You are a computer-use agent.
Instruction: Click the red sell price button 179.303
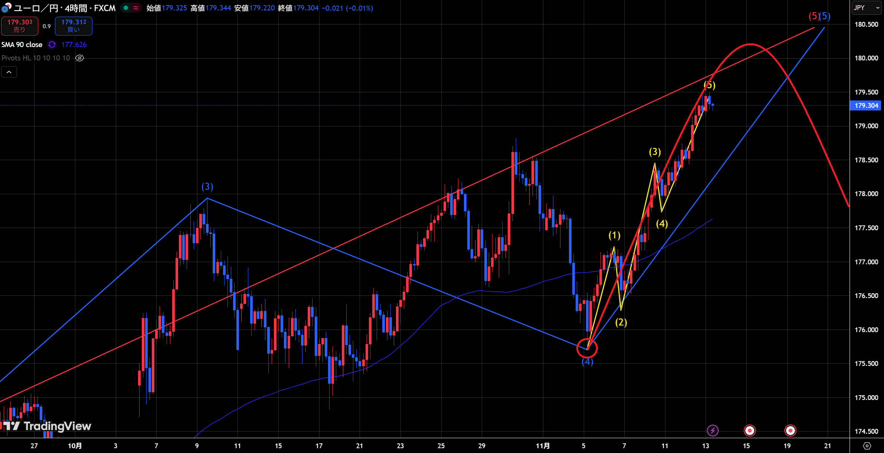(x=20, y=26)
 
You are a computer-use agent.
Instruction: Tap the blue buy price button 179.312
(x=73, y=26)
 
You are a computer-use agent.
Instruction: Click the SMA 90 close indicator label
(x=22, y=44)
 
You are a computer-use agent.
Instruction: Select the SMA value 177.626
(x=74, y=44)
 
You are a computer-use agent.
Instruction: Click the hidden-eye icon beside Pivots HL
(x=79, y=58)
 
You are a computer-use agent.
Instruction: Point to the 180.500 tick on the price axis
(x=866, y=24)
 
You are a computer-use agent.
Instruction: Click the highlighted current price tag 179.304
(x=866, y=106)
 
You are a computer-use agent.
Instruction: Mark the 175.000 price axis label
(x=866, y=397)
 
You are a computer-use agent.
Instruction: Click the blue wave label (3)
(x=207, y=186)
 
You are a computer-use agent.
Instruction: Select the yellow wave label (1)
(x=614, y=235)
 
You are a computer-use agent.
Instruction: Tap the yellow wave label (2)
(x=621, y=322)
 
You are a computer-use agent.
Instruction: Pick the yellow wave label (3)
(x=655, y=152)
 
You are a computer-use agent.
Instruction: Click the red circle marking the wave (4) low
(x=587, y=348)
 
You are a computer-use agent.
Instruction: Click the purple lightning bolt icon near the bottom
(x=713, y=430)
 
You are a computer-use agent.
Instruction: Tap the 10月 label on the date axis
(x=75, y=446)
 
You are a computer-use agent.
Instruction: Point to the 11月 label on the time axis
(x=543, y=446)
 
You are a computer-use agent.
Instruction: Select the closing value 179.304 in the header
(x=306, y=8)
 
